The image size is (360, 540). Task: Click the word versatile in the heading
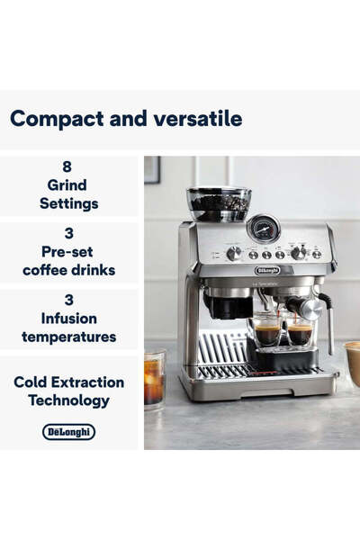pos(196,118)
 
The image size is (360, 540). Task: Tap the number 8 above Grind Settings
pos(67,167)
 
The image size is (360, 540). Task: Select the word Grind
pos(67,185)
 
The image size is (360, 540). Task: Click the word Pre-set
pos(69,252)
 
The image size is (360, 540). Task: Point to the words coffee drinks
pos(69,270)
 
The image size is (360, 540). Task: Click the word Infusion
pos(69,319)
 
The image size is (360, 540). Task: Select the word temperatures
pos(69,337)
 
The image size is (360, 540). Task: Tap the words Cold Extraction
pos(69,382)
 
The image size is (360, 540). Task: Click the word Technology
pos(69,400)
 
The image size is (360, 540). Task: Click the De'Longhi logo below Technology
pos(69,432)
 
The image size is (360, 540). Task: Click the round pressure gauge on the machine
pos(263,229)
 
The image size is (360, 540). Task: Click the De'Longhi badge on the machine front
pos(267,270)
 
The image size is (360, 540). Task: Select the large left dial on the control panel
pos(232,254)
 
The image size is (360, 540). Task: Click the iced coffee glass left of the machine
pos(154,378)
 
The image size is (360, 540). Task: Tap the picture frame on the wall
pos(152,169)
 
